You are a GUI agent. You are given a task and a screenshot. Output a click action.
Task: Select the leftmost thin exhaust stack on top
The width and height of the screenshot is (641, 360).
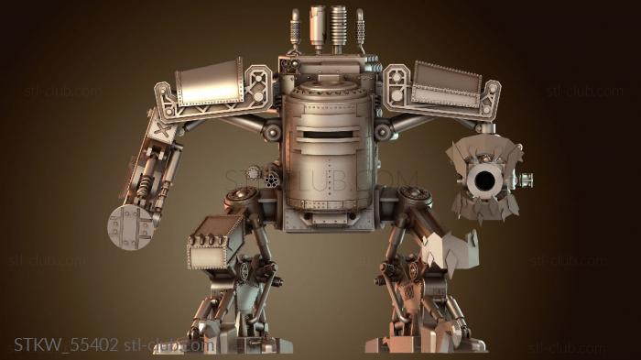(295, 27)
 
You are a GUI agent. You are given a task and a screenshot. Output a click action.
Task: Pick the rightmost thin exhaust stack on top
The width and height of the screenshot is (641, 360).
(360, 27)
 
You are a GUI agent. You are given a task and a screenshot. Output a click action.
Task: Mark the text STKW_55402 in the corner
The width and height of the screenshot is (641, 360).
(66, 344)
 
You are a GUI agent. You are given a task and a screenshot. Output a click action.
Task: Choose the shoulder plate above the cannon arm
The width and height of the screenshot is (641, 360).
(446, 83)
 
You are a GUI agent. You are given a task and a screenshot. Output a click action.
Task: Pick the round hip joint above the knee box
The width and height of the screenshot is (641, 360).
(242, 195)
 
